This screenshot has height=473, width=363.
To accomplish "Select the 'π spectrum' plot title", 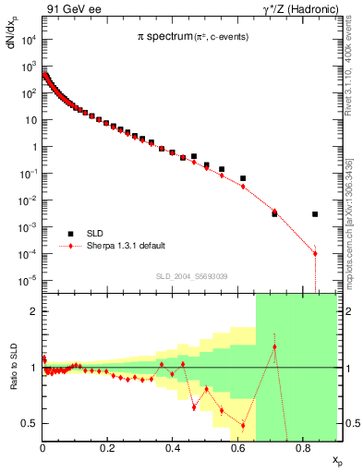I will click(x=163, y=38).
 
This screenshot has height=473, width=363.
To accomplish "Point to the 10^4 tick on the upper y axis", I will click(x=29, y=40).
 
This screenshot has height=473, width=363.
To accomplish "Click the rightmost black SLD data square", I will click(x=315, y=214).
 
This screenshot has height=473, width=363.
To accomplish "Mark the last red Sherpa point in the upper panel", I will click(x=315, y=253).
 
